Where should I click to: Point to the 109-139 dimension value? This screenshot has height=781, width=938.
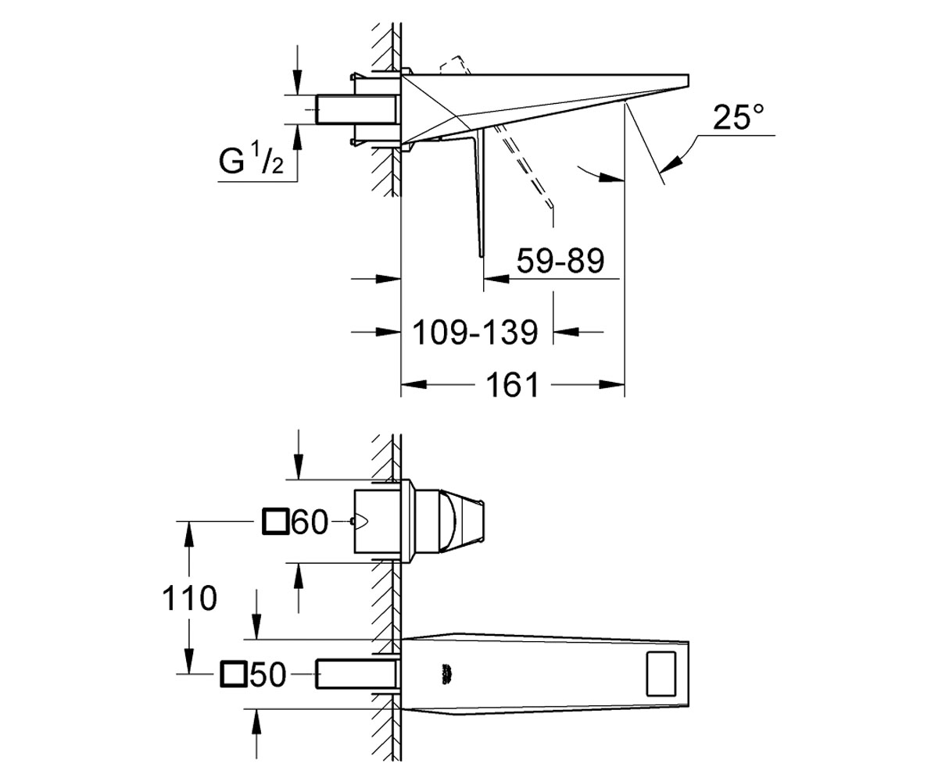click(474, 332)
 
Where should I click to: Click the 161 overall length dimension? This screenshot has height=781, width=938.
click(513, 384)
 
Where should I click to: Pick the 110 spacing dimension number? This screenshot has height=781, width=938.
click(189, 598)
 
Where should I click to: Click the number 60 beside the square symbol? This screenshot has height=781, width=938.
click(310, 522)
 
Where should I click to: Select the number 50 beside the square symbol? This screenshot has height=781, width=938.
click(268, 674)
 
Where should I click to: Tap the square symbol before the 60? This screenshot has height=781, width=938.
click(275, 522)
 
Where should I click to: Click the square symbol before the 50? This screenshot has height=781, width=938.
click(234, 674)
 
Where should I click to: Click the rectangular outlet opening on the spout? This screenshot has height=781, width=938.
click(661, 673)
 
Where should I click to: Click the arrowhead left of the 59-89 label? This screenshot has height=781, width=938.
click(496, 279)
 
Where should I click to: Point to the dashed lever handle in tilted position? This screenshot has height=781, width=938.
click(524, 166)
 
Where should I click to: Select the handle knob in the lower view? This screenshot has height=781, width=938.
click(449, 522)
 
